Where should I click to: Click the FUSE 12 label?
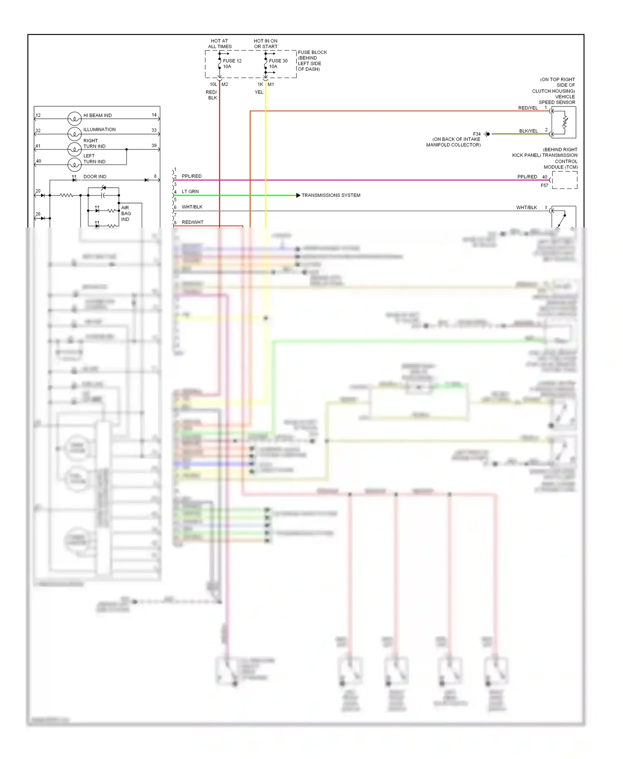coord(232,61)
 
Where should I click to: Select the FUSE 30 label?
coord(278,61)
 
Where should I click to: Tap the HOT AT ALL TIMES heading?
coord(220,44)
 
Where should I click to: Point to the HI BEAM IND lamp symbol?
coord(74,119)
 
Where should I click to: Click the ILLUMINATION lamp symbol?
coord(74,134)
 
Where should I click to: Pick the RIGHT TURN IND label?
coord(94,144)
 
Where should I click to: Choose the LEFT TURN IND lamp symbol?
coord(74,164)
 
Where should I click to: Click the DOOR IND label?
coord(95,176)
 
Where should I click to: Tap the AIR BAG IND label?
coord(125,213)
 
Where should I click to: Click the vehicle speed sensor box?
coord(564,122)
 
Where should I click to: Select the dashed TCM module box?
coord(564,180)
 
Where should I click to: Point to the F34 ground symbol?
coord(487,134)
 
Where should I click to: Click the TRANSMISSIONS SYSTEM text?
coord(331,195)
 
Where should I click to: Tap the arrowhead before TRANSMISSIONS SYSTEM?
coord(298,195)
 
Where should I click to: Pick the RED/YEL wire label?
coord(527,108)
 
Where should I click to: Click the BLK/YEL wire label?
coord(528,131)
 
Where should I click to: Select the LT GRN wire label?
coord(190,191)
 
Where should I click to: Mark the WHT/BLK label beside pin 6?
coord(192,207)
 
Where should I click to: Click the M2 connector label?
coord(225,84)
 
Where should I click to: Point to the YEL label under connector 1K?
coord(259,92)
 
